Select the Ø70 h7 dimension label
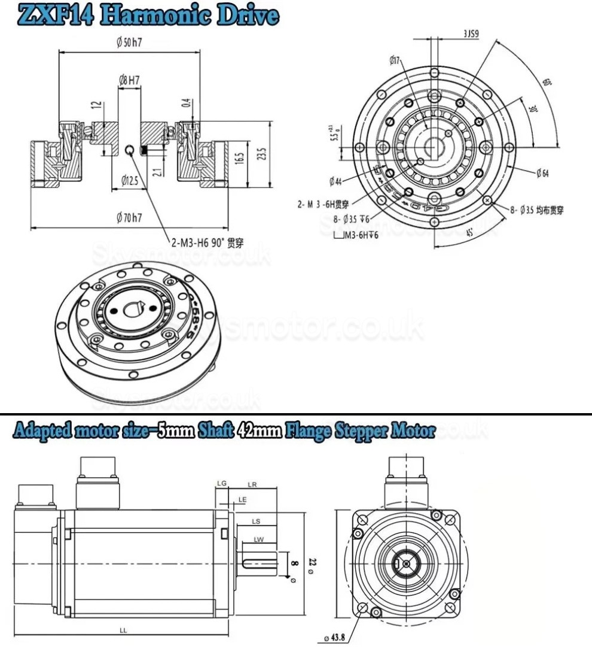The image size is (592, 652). [129, 218]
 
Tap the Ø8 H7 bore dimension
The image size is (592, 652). [130, 78]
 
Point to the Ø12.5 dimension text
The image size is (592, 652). [130, 180]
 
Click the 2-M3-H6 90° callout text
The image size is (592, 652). [207, 243]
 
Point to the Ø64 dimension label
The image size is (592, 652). [542, 173]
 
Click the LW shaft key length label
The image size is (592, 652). [259, 539]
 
